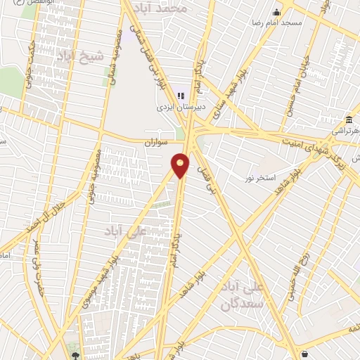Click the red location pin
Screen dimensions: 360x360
pos(181,165)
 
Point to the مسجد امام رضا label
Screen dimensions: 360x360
pos(276,23)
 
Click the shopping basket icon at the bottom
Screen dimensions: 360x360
pos(304,353)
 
